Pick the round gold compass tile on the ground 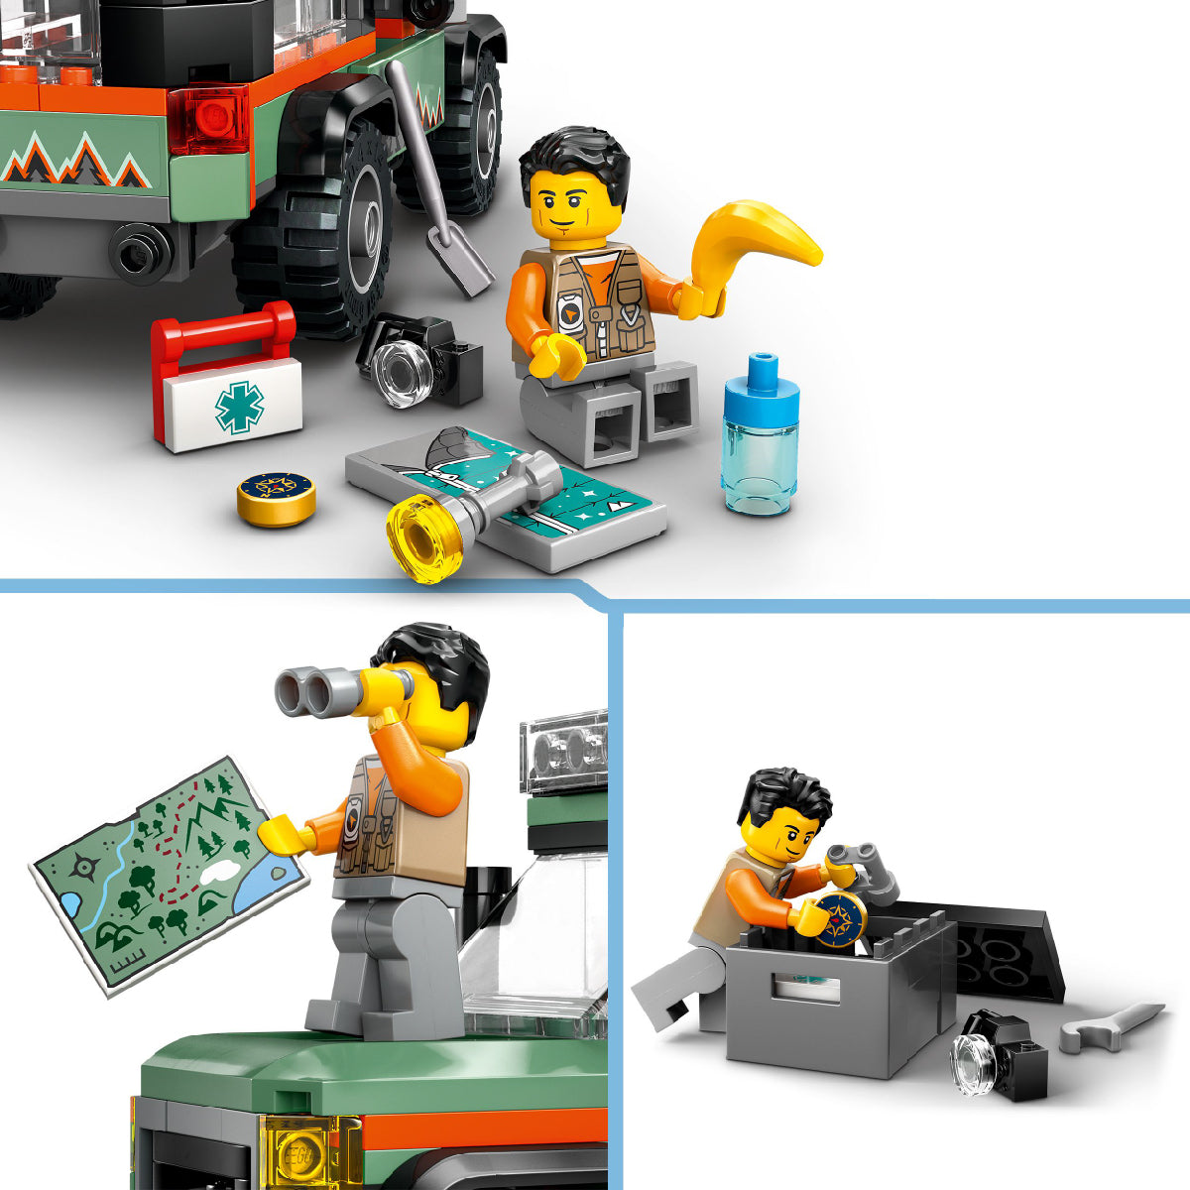(x=277, y=496)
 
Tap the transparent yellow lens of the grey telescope (x=422, y=538)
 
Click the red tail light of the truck (x=209, y=118)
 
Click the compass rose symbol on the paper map (x=84, y=869)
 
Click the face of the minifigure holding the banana (x=575, y=209)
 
